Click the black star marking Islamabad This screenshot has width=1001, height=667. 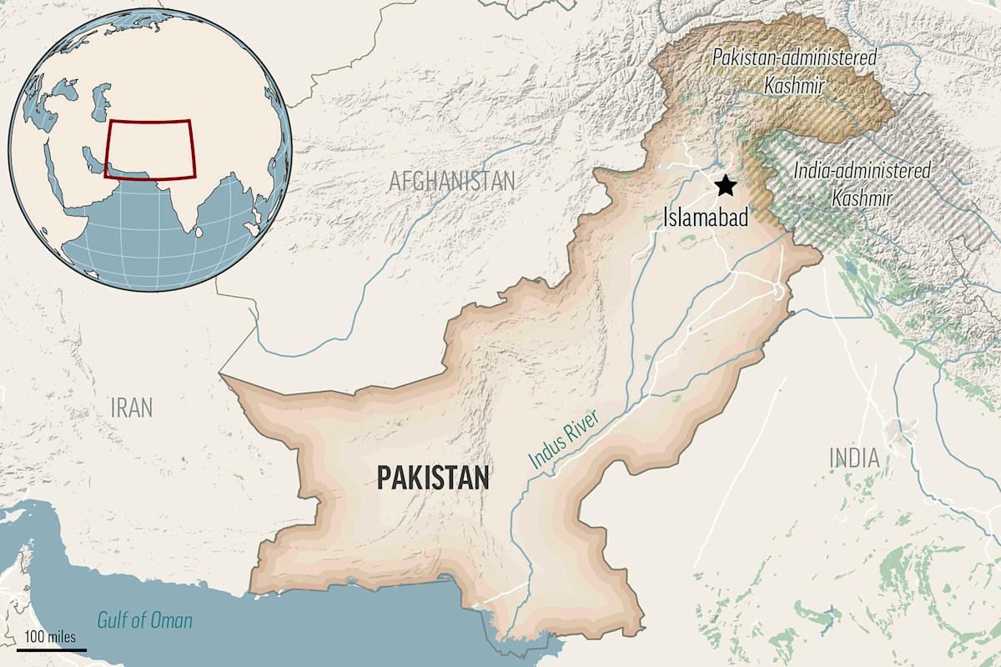(726, 185)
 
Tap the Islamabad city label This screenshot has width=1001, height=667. (706, 217)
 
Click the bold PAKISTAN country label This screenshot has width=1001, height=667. (432, 478)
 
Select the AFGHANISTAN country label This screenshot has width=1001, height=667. (452, 180)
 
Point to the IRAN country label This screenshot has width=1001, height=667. (132, 408)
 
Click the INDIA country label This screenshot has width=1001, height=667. (853, 457)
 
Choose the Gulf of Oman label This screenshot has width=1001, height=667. (144, 620)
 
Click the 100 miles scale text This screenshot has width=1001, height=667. (51, 636)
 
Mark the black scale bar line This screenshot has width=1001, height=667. (51, 648)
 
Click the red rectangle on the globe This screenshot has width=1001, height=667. (150, 149)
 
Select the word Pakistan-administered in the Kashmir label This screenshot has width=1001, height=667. (795, 58)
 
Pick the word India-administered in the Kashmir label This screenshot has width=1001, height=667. (862, 171)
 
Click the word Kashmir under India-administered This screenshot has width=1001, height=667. (862, 198)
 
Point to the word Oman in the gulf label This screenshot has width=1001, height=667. (170, 620)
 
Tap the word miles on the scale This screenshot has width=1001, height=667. (62, 636)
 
